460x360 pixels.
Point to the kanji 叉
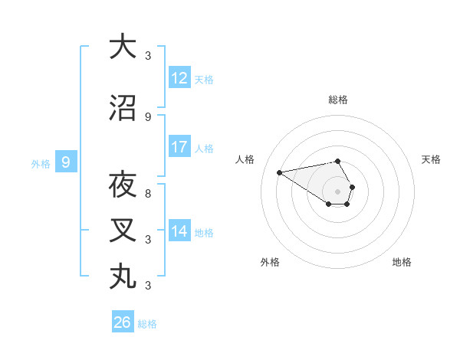click(123, 230)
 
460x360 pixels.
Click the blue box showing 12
click(179, 78)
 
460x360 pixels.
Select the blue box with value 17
click(179, 147)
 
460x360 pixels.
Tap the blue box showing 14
click(179, 231)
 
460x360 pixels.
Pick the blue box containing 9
click(66, 162)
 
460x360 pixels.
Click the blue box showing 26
click(123, 322)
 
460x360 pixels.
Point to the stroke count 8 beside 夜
click(148, 194)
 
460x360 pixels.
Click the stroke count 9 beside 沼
click(148, 116)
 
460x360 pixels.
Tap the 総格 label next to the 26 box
click(147, 324)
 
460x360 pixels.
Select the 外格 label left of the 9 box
click(40, 163)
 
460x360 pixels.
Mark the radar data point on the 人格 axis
click(279, 172)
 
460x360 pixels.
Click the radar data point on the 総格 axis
click(337, 161)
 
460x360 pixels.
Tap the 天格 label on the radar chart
click(431, 159)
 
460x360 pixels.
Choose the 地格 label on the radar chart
click(402, 262)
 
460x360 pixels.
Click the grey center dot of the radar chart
click(337, 191)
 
